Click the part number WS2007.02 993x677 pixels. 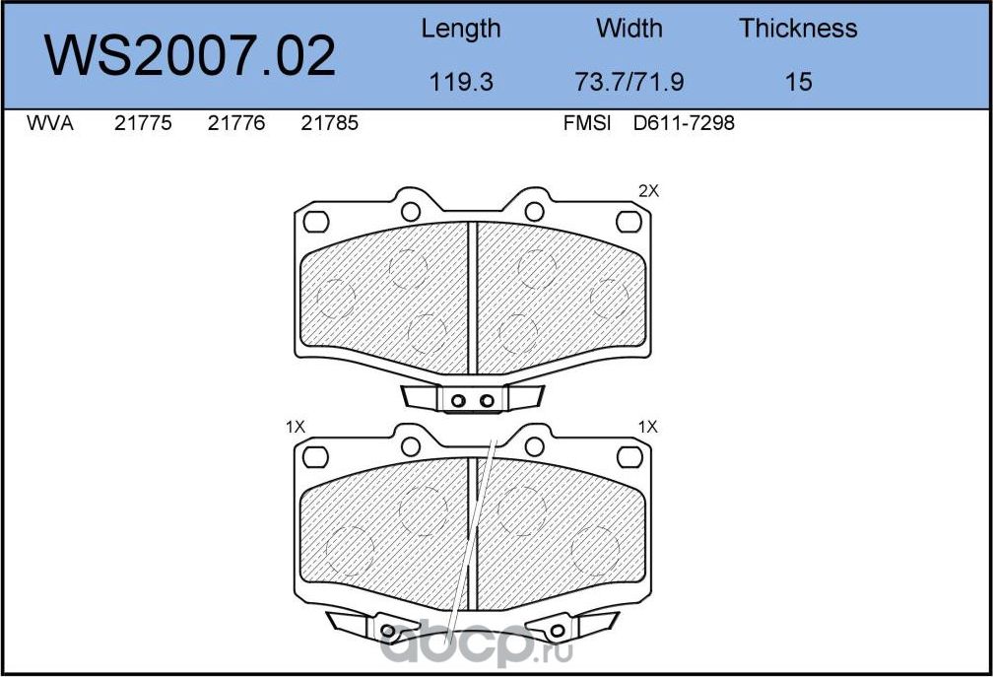189,56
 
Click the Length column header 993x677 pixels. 461,30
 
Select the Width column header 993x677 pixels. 629,28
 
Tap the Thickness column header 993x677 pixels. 798,28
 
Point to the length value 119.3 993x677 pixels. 461,82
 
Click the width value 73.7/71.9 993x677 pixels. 629,82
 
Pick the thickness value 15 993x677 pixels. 798,82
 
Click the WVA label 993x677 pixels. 50,123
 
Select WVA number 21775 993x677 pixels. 143,123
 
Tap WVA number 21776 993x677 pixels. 236,123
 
